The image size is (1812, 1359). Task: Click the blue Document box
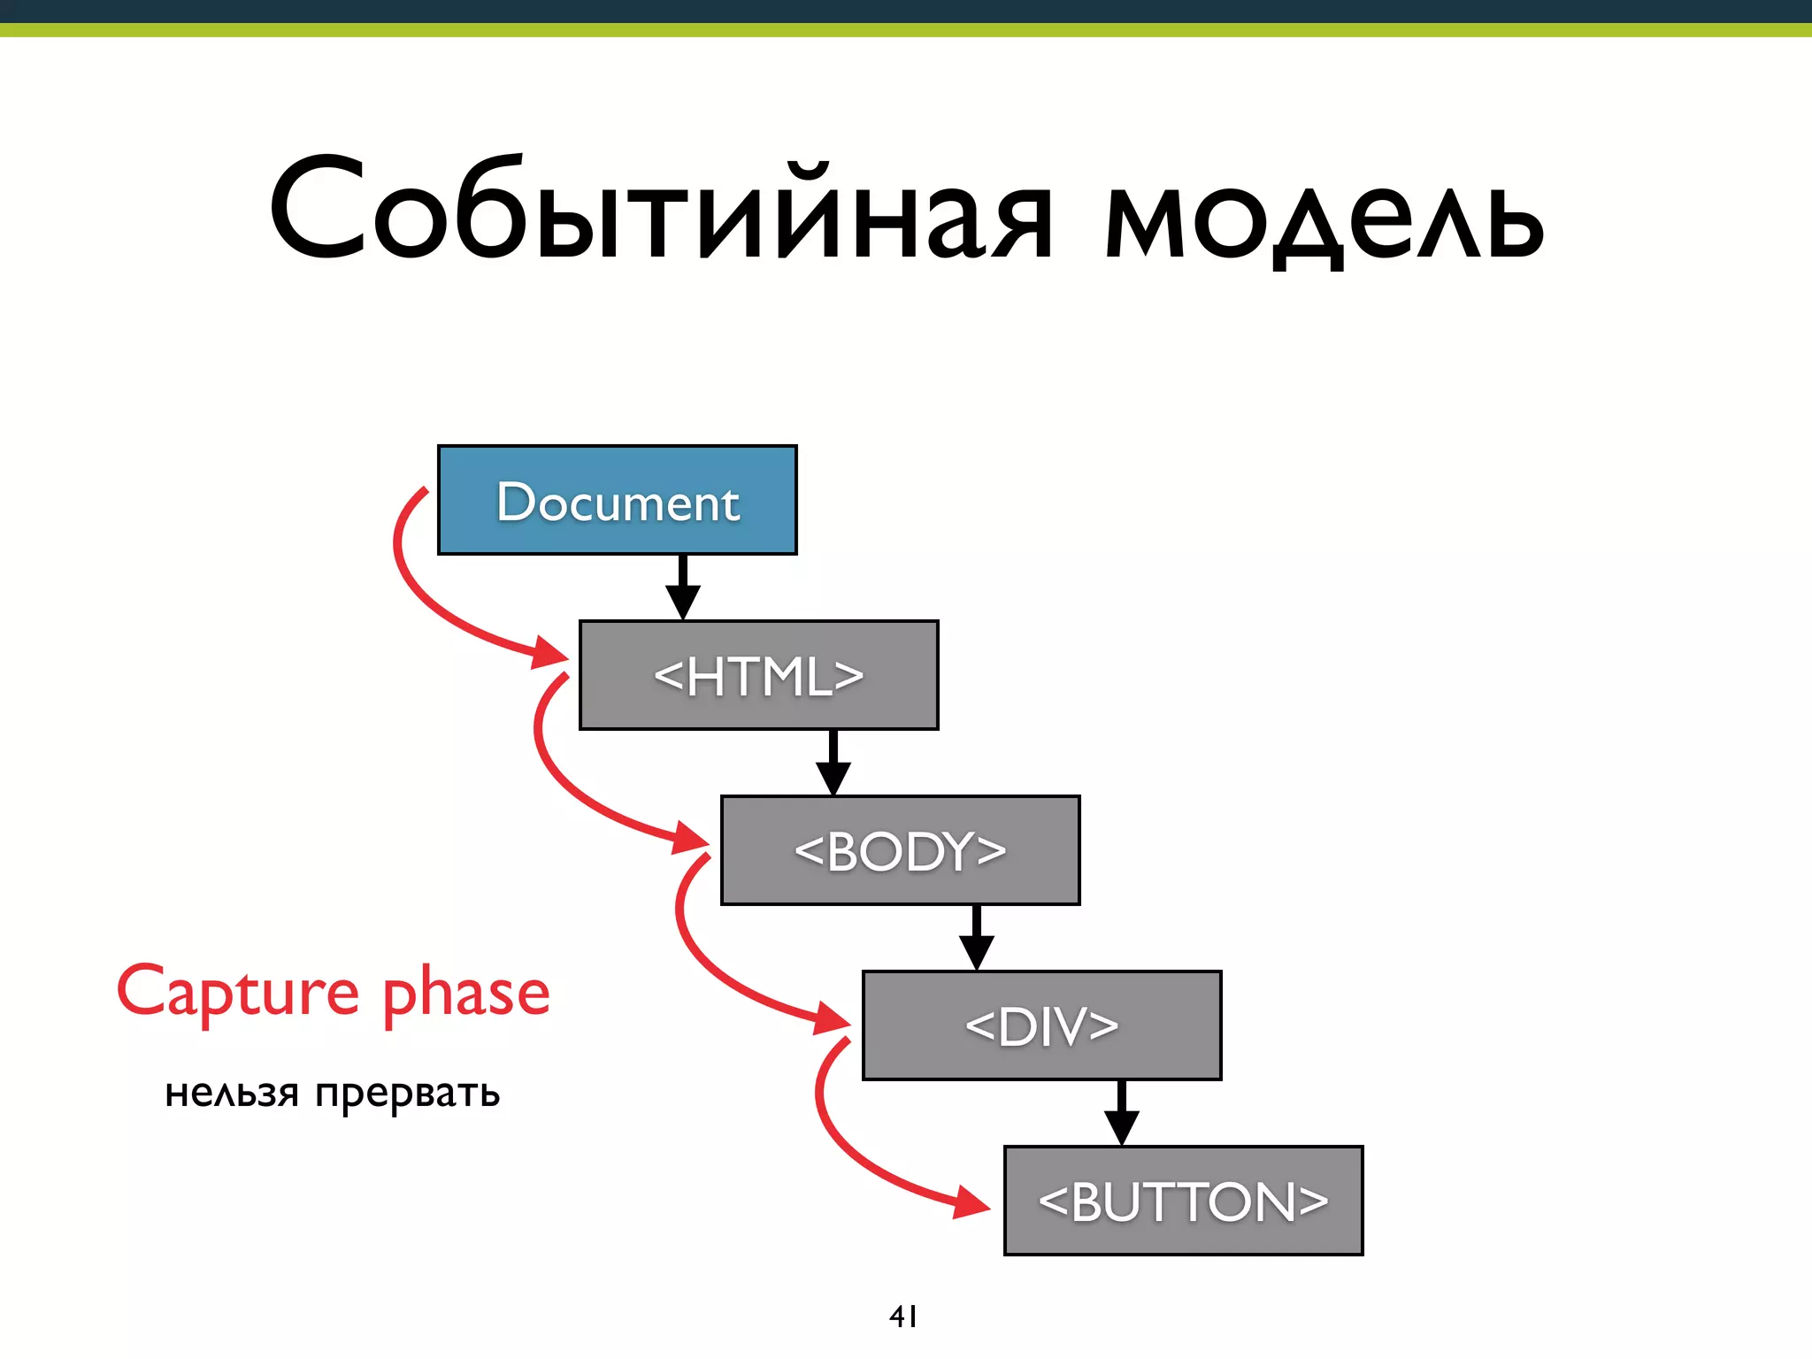(617, 500)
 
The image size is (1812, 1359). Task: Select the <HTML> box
(758, 675)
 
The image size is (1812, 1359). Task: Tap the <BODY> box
(900, 850)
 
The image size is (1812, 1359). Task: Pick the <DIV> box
(1041, 1025)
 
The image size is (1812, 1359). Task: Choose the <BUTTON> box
(1183, 1201)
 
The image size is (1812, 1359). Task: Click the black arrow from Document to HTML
(682, 588)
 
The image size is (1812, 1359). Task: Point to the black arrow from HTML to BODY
(833, 764)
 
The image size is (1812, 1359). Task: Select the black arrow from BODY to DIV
(976, 939)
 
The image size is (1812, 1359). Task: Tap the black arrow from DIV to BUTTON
(1121, 1114)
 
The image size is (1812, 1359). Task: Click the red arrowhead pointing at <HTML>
(550, 654)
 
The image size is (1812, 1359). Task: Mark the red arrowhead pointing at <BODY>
(692, 838)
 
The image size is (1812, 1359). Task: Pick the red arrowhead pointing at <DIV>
(833, 1018)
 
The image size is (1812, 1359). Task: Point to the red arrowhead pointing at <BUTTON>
(973, 1202)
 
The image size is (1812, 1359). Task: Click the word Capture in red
(237, 993)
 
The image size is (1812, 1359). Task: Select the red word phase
(466, 994)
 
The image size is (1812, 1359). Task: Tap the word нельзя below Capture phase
(232, 1094)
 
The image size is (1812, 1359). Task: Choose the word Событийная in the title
(659, 211)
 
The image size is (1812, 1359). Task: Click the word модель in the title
(1324, 217)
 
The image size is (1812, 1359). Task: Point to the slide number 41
(902, 1317)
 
